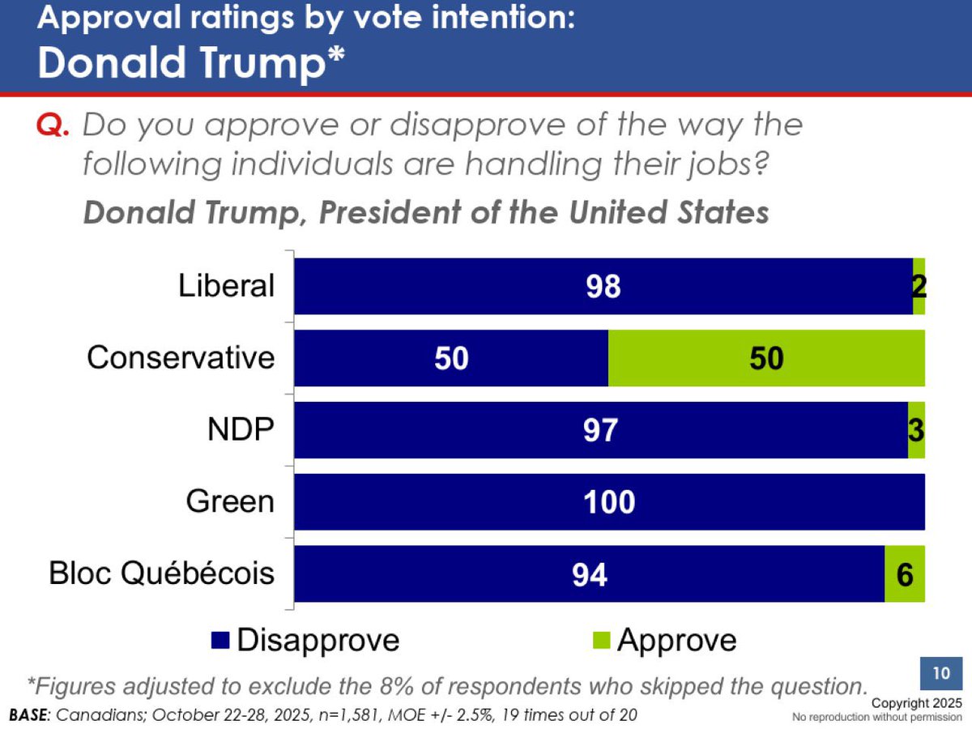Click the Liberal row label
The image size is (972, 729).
pyautogui.click(x=227, y=286)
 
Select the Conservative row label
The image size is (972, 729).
pyautogui.click(x=181, y=357)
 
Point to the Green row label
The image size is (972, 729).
pyautogui.click(x=230, y=501)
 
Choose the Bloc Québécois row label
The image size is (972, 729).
pyautogui.click(x=162, y=573)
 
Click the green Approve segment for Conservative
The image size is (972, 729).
pyautogui.click(x=766, y=358)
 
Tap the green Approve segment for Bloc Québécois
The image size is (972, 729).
pyautogui.click(x=904, y=574)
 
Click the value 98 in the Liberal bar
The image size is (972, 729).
pyautogui.click(x=603, y=287)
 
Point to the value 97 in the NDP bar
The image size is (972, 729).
pyautogui.click(x=601, y=430)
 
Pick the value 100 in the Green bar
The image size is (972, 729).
pyautogui.click(x=609, y=502)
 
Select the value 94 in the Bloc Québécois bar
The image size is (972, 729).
pyautogui.click(x=589, y=574)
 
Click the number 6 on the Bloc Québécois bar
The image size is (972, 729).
pyautogui.click(x=905, y=574)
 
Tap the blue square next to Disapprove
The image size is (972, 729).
pyautogui.click(x=222, y=640)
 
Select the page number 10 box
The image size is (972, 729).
pyautogui.click(x=940, y=674)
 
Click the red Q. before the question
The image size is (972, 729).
pyautogui.click(x=54, y=126)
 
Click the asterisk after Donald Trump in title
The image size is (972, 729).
pyautogui.click(x=335, y=57)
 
